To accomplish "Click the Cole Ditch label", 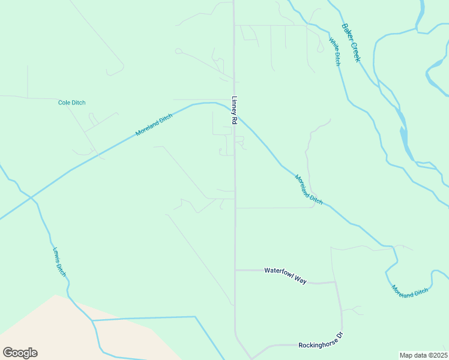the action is [x=71, y=103].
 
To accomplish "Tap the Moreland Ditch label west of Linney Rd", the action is [x=154, y=125].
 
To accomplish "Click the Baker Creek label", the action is [x=351, y=42].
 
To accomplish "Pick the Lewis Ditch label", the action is [x=59, y=262].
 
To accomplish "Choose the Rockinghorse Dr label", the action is [x=320, y=345].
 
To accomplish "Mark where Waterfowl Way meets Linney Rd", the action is [x=235, y=270].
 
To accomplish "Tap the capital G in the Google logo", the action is [x=8, y=353].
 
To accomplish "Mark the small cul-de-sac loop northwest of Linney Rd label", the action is [x=178, y=52].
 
